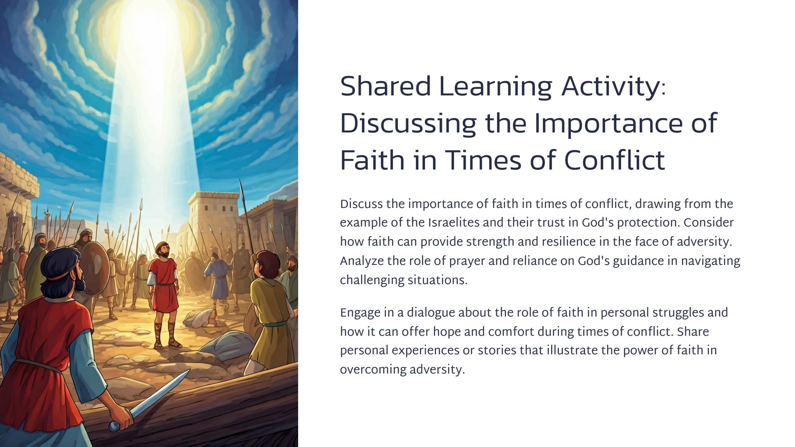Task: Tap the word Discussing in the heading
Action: click(x=408, y=125)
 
